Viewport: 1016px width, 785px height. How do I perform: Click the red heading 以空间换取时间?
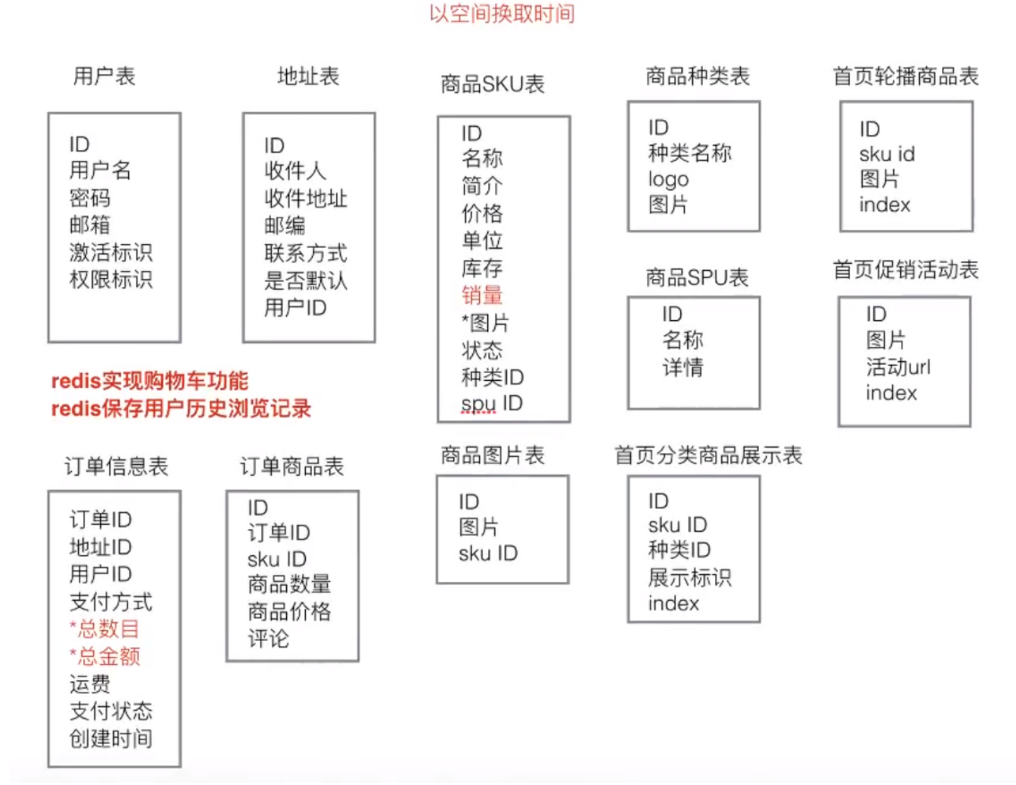(x=501, y=14)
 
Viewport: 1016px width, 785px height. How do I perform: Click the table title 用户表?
(x=104, y=76)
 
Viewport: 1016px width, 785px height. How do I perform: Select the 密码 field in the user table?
(x=90, y=198)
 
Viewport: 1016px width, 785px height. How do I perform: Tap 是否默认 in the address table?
(x=306, y=281)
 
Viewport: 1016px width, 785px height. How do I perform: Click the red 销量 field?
(x=482, y=296)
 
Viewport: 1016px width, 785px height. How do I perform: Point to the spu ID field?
(x=492, y=404)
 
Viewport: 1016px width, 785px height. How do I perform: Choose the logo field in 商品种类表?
(x=668, y=179)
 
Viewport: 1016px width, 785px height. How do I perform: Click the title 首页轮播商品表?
(x=905, y=76)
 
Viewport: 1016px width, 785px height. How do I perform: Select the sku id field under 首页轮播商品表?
(x=887, y=154)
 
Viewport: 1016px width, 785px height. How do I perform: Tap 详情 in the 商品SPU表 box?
(x=683, y=367)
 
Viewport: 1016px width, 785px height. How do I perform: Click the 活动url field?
(x=898, y=367)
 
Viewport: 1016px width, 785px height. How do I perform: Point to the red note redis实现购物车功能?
(x=150, y=381)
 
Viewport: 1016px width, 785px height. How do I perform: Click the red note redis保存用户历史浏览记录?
(x=181, y=409)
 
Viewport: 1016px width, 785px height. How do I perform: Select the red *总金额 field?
(x=105, y=656)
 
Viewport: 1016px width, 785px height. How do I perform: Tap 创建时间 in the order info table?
(x=111, y=739)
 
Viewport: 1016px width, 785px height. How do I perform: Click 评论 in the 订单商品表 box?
(x=268, y=639)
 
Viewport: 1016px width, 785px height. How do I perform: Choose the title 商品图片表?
(x=492, y=456)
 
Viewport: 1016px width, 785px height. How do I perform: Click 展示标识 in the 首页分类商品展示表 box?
(x=689, y=577)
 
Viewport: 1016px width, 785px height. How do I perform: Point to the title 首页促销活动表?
(x=905, y=269)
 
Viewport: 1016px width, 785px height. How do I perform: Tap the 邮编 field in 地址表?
(x=285, y=226)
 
